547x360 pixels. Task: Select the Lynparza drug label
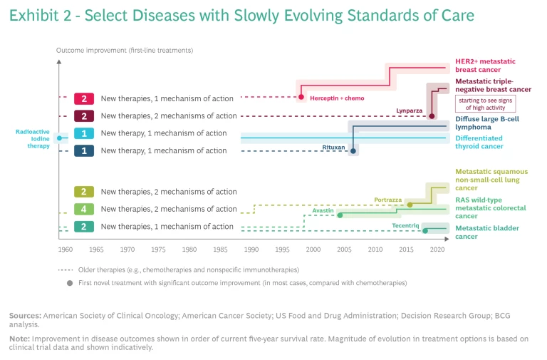[410, 110]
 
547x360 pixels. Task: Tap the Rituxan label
[333, 148]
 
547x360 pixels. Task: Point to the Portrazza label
[387, 200]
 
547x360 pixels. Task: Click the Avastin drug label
[323, 211]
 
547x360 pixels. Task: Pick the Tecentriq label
[403, 225]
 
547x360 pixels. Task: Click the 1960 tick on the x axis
[65, 250]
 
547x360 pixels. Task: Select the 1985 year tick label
[220, 250]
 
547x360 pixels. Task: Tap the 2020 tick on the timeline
[437, 250]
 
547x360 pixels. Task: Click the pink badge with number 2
[84, 98]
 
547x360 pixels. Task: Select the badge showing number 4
[84, 209]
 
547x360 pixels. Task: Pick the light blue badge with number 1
[84, 133]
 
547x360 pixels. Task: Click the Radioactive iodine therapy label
[33, 138]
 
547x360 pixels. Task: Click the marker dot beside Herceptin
[301, 97]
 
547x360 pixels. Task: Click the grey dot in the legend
[69, 283]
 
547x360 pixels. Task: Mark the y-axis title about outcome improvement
[125, 51]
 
